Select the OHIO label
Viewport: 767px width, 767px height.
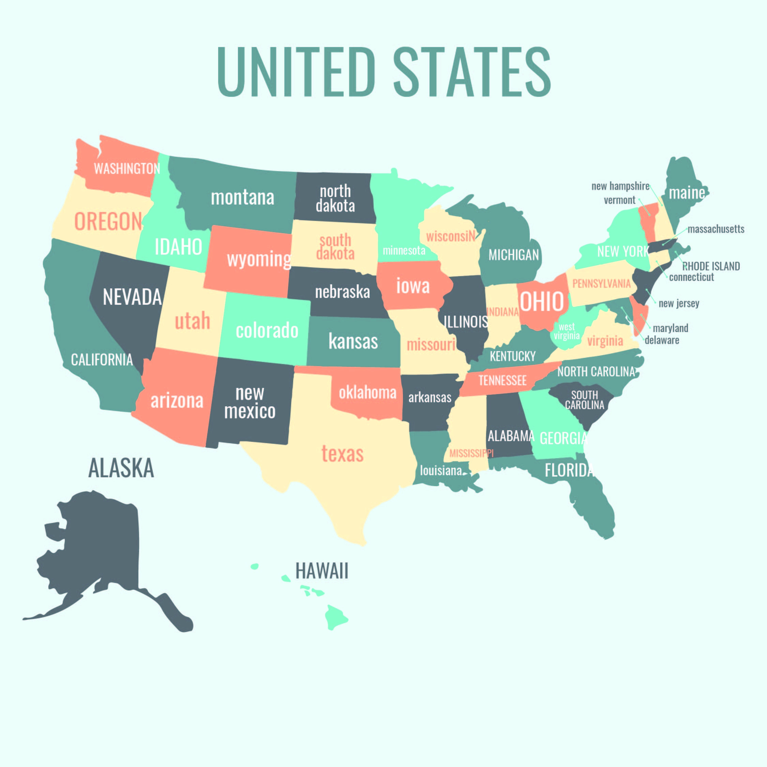(x=542, y=301)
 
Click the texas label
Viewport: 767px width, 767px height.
(x=342, y=453)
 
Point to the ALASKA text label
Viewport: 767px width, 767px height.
(x=121, y=468)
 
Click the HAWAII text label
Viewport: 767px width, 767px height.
(x=321, y=571)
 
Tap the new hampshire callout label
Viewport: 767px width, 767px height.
(x=620, y=186)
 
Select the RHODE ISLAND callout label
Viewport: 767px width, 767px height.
(x=711, y=266)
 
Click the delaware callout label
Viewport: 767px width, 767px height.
(x=662, y=340)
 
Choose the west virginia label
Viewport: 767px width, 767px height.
(x=567, y=331)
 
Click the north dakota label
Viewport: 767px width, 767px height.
(x=335, y=198)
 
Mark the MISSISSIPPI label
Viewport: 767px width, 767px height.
(x=471, y=453)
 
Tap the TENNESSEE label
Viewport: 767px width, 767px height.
(x=502, y=380)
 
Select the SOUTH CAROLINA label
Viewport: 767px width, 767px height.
(x=584, y=400)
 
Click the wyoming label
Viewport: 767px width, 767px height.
(x=259, y=259)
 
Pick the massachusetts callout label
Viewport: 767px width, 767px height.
(x=716, y=229)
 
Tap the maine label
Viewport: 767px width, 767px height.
(x=687, y=193)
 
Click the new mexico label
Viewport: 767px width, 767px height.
(x=250, y=402)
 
